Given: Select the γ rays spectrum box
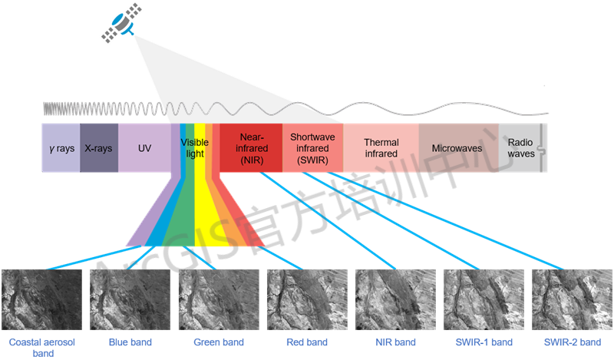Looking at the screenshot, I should point(61,147).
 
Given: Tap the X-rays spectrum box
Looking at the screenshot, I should point(99,147).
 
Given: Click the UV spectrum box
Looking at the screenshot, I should point(144,147).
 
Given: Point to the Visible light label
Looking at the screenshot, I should point(194,148).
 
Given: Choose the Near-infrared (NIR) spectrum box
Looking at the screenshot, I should point(251,147).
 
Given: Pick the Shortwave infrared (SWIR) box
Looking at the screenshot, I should point(309,147).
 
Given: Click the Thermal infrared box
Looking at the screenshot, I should point(381,147).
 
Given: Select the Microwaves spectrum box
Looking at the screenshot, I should point(458,147).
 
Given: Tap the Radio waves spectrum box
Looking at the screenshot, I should point(521,147).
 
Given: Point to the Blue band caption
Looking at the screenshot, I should point(131,342).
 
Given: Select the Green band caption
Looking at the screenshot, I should point(219,342).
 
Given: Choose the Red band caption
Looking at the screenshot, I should point(307,342).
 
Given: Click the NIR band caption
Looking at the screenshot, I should point(394,342).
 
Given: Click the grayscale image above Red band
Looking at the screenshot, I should point(306,300).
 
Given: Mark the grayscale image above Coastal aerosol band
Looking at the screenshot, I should point(42,300).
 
